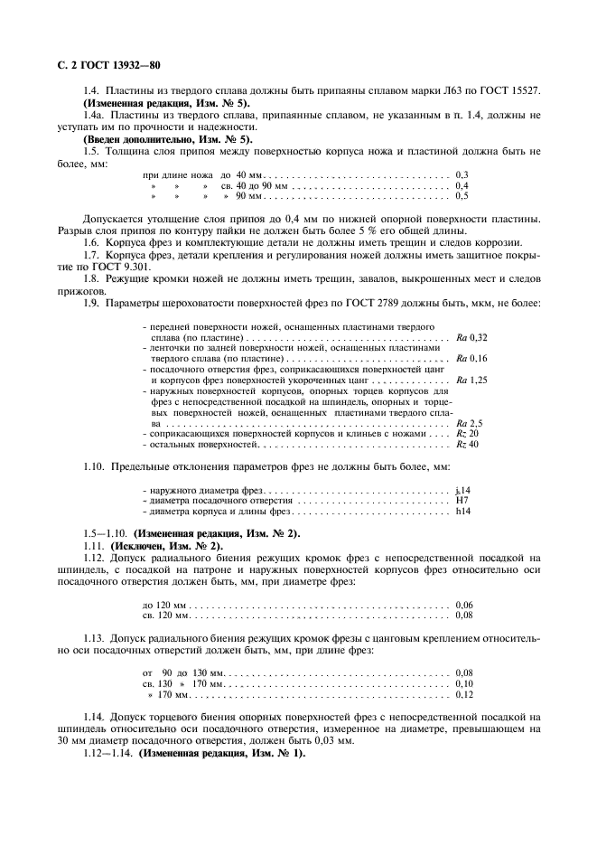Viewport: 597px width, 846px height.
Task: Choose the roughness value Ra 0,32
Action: tap(472, 336)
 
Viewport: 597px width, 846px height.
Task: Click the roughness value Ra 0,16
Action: tap(472, 358)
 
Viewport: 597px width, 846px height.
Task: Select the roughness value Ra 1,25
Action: tap(472, 380)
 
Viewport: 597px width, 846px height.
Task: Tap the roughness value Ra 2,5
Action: tap(471, 423)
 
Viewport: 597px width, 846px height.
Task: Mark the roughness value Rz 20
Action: tap(468, 433)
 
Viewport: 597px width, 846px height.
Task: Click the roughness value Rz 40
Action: tap(468, 444)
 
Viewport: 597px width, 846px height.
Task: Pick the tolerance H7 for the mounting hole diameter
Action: tap(462, 500)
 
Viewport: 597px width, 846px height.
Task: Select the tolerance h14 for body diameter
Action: tap(464, 511)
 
